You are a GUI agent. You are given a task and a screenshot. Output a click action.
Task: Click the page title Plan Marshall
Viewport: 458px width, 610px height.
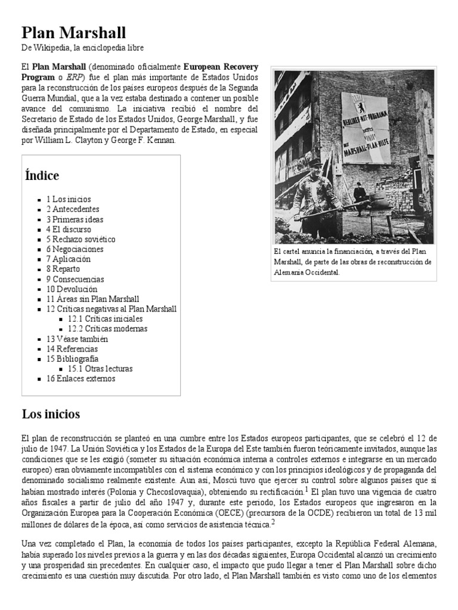coord(74,32)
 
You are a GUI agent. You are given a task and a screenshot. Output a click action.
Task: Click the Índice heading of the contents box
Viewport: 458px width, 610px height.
coord(42,176)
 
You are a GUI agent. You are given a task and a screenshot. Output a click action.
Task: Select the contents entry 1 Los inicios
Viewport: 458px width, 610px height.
coord(69,199)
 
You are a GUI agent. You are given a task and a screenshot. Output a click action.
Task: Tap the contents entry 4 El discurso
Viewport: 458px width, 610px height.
coord(69,229)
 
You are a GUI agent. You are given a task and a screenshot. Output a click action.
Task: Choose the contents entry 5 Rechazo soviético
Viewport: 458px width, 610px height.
coord(81,239)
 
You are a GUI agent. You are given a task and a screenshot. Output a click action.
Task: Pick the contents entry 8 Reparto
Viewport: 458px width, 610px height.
coord(63,269)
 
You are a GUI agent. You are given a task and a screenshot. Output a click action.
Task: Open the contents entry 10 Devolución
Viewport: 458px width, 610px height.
coord(72,289)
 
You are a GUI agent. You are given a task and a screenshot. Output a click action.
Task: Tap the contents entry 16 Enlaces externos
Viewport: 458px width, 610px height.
coord(81,379)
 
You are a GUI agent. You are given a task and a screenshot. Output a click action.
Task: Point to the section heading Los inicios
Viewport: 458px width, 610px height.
coord(51,414)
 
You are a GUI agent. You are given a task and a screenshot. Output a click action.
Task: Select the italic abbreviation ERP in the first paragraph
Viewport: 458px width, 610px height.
coord(74,77)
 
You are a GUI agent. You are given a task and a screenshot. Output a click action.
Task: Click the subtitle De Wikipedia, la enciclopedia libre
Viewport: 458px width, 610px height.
coord(83,48)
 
